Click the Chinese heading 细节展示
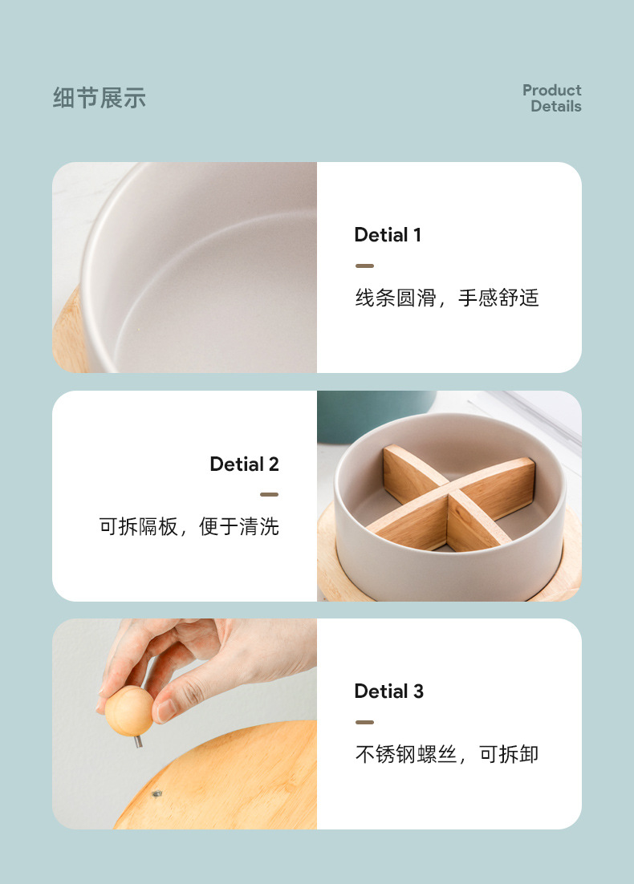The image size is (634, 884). click(x=100, y=99)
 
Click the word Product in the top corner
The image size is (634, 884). click(x=551, y=90)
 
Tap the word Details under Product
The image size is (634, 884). click(x=555, y=106)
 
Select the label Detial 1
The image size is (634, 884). click(x=388, y=235)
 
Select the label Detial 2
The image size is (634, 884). click(x=244, y=464)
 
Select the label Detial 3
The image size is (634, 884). click(x=388, y=691)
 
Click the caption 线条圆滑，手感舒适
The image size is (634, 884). click(x=447, y=298)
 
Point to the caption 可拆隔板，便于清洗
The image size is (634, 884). click(x=189, y=527)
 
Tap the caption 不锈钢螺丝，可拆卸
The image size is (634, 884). click(x=447, y=754)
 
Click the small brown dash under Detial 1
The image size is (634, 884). click(x=364, y=266)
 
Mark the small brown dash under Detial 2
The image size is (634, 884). click(x=269, y=494)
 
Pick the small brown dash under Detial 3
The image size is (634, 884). click(x=364, y=722)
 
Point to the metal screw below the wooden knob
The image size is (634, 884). click(x=138, y=741)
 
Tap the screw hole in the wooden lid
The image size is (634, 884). click(x=156, y=793)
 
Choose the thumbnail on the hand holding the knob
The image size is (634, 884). click(x=165, y=710)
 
